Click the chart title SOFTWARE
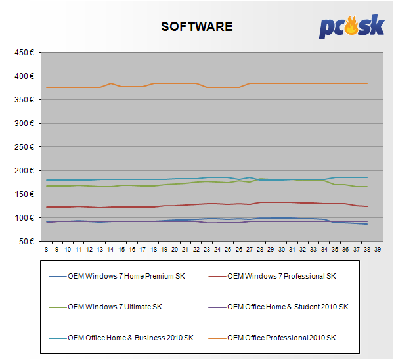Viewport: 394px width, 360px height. pyautogui.click(x=197, y=26)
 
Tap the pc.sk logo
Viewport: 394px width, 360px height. pyautogui.click(x=352, y=27)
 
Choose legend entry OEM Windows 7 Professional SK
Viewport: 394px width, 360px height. pyautogui.click(x=281, y=276)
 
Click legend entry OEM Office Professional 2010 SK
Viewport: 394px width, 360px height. pyautogui.click(x=281, y=338)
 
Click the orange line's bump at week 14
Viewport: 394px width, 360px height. pyautogui.click(x=111, y=83)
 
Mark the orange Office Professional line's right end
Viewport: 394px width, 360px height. pyautogui.click(x=366, y=83)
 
